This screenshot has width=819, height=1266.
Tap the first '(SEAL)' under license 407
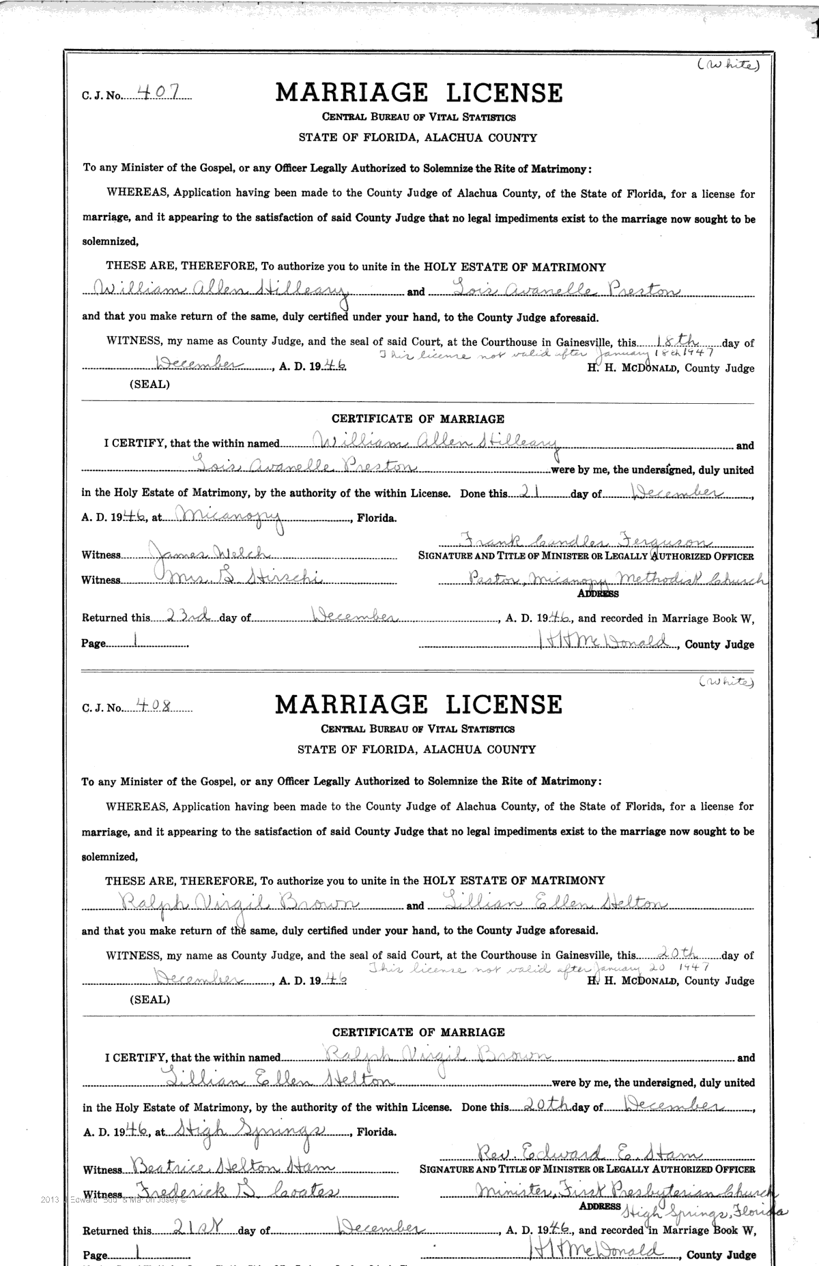pyautogui.click(x=149, y=384)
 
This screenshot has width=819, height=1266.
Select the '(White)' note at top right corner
pyautogui.click(x=728, y=65)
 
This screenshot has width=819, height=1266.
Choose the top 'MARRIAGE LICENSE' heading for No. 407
pyautogui.click(x=419, y=93)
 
